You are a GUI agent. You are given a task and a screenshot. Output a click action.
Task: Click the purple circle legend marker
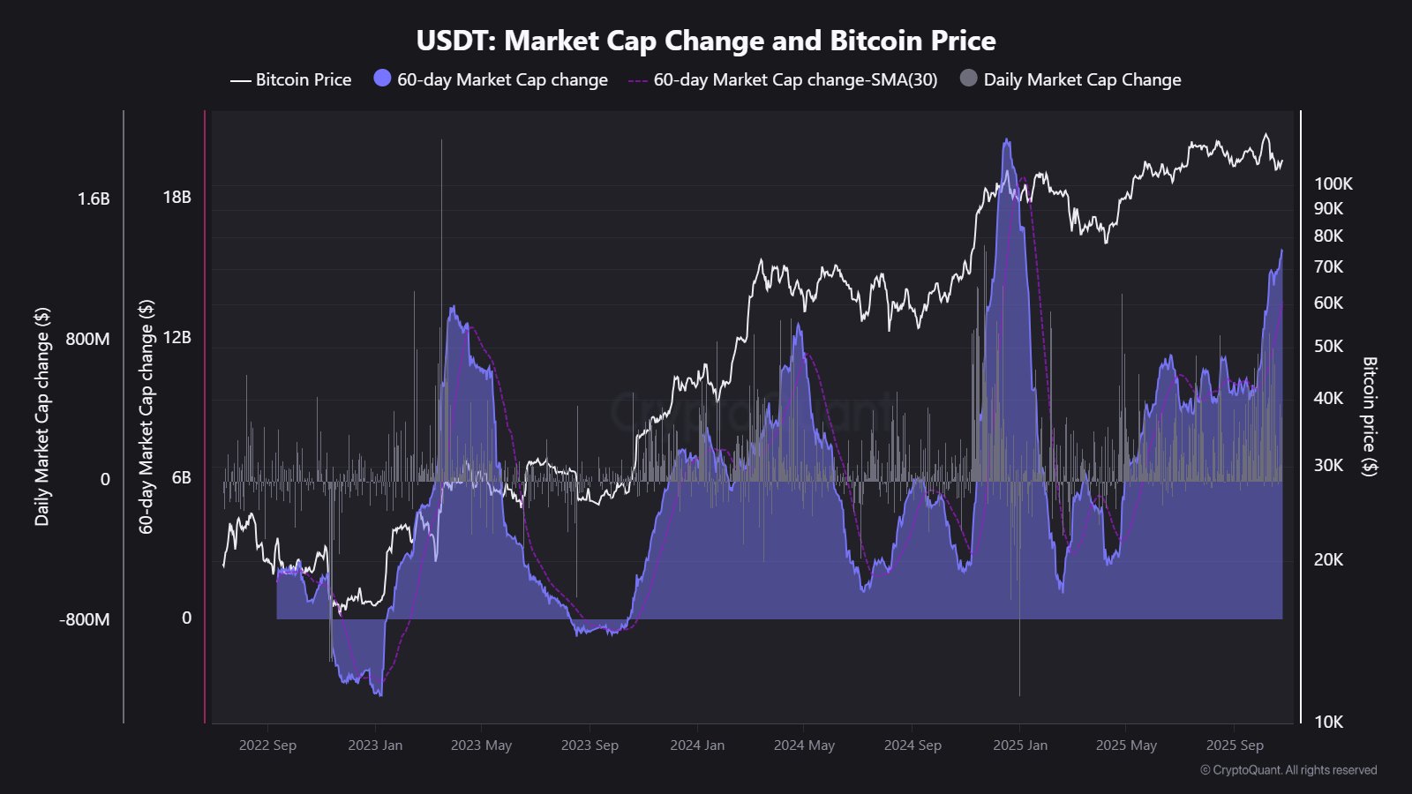point(382,79)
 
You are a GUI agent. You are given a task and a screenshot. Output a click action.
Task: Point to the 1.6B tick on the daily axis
point(94,198)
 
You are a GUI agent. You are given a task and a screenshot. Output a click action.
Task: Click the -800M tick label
point(85,619)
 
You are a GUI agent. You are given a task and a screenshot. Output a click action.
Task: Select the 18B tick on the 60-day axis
point(176,197)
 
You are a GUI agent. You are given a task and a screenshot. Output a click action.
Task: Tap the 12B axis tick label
point(176,337)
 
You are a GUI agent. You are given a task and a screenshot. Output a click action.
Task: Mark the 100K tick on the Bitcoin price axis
point(1333,184)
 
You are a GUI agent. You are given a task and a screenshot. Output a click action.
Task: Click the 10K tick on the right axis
point(1328,722)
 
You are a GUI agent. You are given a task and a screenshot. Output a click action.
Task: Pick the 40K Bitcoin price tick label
point(1328,398)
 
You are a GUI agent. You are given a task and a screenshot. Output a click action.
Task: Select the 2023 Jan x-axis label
point(375,745)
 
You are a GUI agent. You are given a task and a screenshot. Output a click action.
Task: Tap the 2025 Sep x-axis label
point(1234,745)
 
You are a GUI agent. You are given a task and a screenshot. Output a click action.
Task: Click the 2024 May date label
point(804,745)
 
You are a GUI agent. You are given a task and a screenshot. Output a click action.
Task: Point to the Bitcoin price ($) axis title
point(1369,416)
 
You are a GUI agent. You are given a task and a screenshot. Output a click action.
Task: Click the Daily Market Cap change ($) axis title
point(41,416)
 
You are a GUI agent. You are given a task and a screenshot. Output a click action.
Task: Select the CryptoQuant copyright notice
point(1288,770)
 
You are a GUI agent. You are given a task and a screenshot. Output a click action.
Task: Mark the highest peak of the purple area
point(1006,139)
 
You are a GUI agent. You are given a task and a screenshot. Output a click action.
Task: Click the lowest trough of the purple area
point(379,695)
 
